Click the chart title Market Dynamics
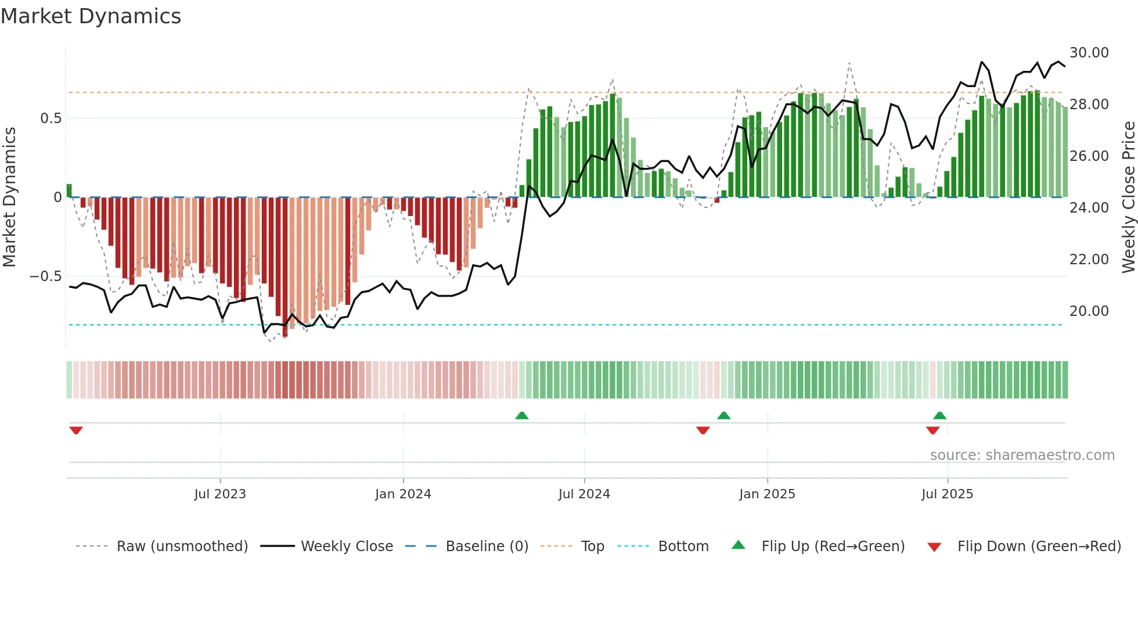coord(91,16)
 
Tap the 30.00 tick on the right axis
coord(1089,53)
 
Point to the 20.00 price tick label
coord(1089,311)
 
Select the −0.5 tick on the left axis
coord(45,276)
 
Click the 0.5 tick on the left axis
coord(51,118)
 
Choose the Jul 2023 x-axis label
coord(220,494)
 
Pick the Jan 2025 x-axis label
coord(767,494)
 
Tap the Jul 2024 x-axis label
coord(584,494)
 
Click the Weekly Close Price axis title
coord(1128,197)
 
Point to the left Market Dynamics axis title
coord(9,197)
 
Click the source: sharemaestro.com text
coord(1022,455)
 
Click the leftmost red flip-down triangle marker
coord(76,430)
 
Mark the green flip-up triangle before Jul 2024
coord(522,415)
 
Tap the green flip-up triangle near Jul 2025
coord(940,415)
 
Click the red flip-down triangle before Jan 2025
coord(703,430)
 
